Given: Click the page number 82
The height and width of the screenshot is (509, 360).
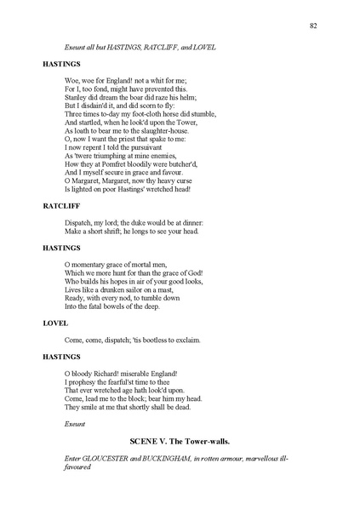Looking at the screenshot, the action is point(313,26).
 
